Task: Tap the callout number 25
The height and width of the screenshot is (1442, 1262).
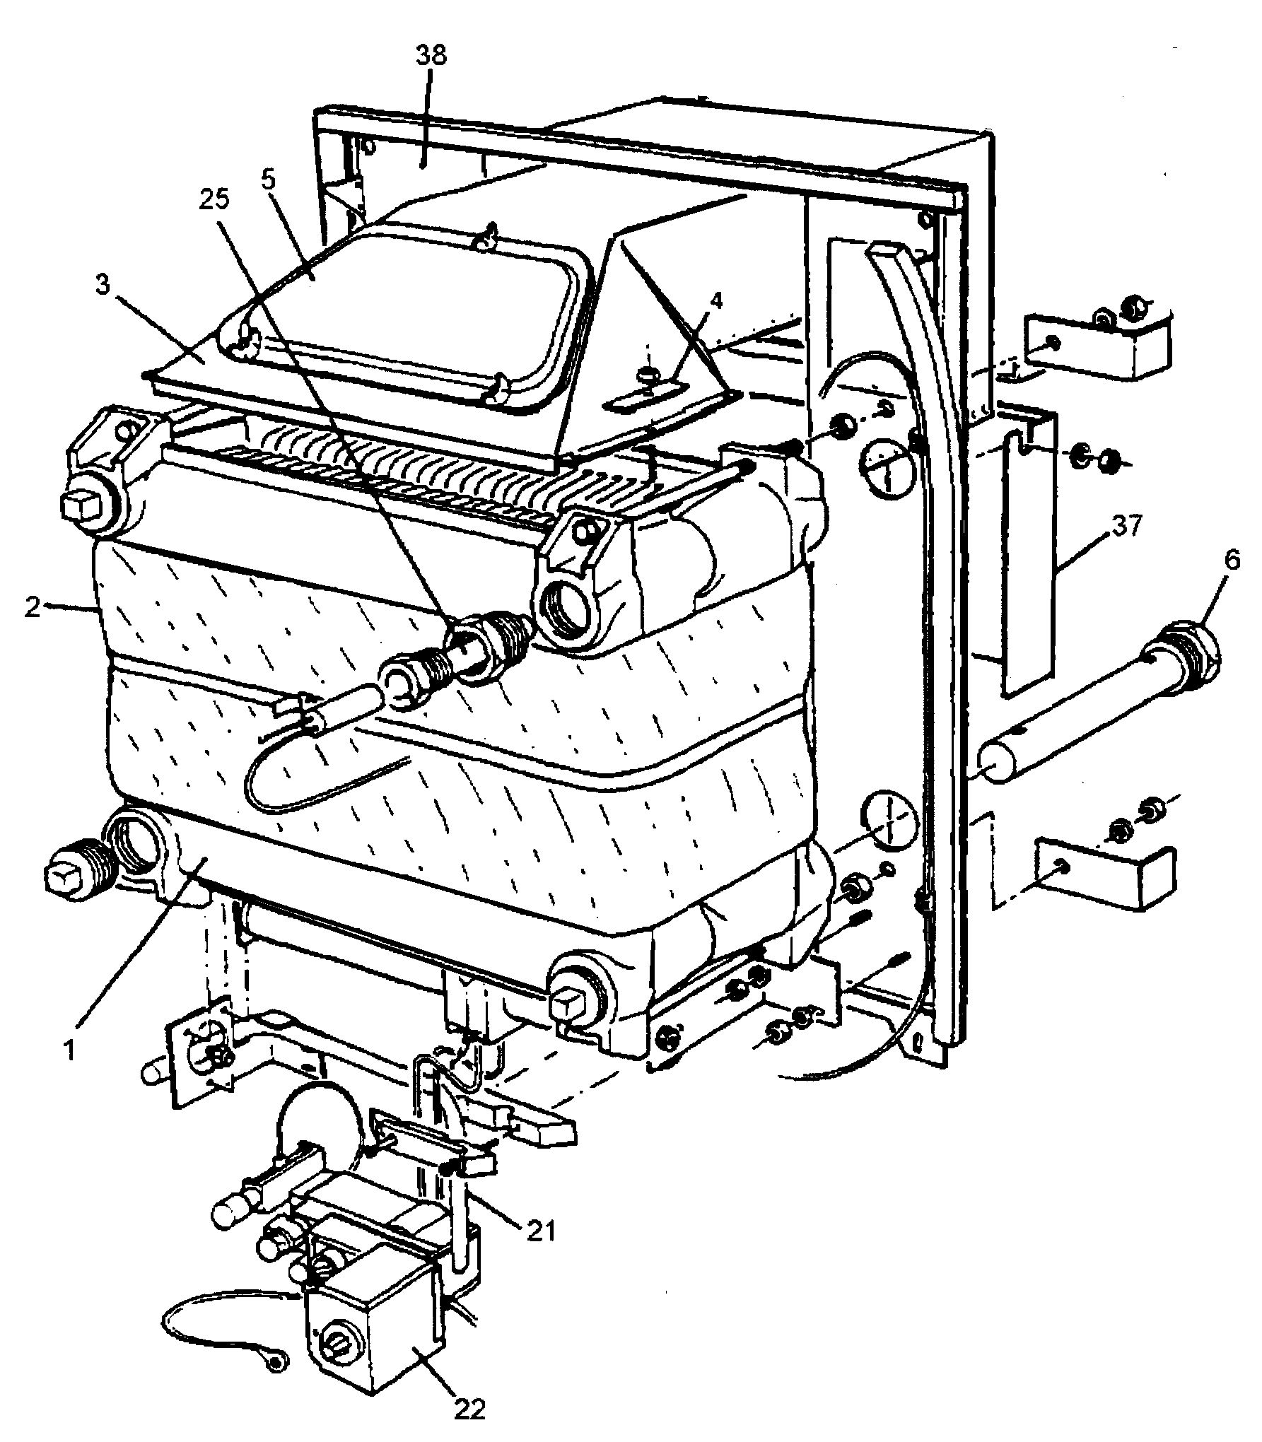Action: coord(214,201)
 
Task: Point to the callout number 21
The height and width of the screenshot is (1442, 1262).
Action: coord(539,1232)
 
